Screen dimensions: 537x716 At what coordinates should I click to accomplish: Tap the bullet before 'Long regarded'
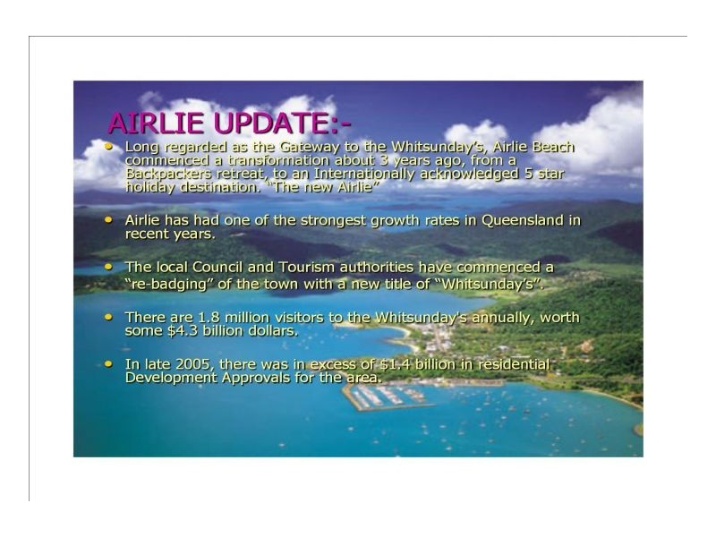tap(109, 145)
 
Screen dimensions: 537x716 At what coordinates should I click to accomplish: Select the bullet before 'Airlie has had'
tap(109, 219)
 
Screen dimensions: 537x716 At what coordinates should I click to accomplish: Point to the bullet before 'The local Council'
tap(109, 267)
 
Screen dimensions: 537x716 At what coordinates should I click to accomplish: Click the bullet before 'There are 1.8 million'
tap(109, 317)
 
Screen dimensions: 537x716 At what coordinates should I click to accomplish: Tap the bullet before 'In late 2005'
tap(109, 363)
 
